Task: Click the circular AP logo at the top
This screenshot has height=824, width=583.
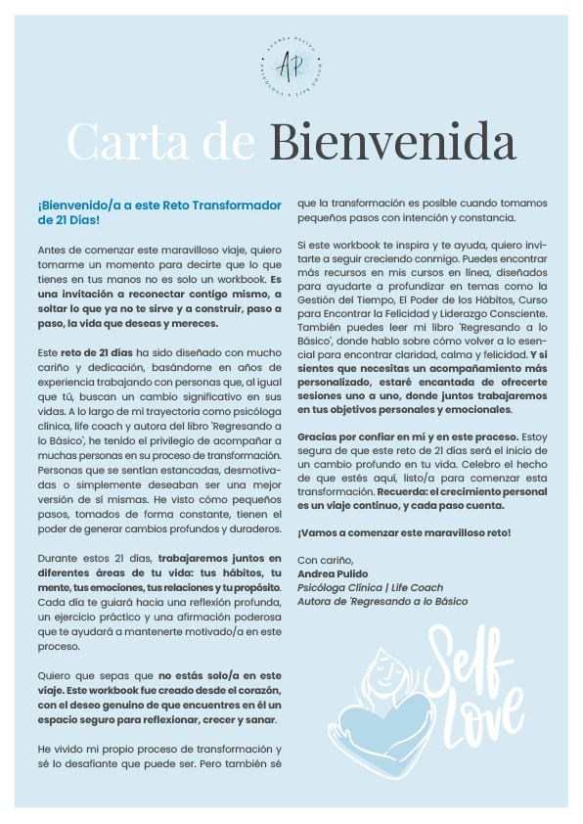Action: coord(291,65)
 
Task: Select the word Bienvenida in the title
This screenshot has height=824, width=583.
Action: coord(392,143)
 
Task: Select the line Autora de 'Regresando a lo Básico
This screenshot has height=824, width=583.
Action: coord(381,601)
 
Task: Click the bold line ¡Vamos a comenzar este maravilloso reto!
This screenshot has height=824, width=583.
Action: coord(403,532)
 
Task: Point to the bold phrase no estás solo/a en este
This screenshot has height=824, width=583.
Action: coord(220,675)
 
